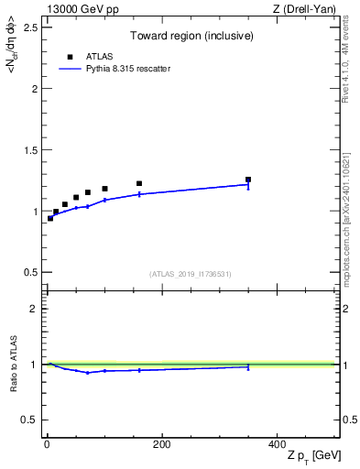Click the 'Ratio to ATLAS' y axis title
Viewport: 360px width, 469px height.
click(x=14, y=364)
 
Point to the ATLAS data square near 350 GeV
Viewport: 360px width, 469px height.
click(x=247, y=180)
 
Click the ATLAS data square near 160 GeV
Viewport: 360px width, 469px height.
click(x=139, y=183)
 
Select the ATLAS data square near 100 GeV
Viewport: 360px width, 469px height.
click(x=104, y=189)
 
